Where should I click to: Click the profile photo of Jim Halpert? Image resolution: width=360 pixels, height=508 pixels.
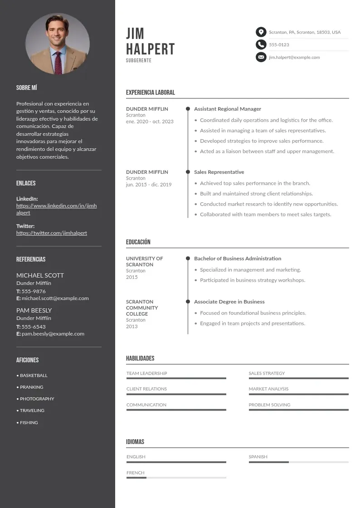pos(58,44)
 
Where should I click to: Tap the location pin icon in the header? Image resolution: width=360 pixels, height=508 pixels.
pos(261,32)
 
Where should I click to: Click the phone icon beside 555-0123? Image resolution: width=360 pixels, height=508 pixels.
pos(261,44)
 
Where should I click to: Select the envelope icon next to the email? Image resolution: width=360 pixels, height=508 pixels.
pos(261,57)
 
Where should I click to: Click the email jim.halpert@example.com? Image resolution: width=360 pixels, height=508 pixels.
pos(294,57)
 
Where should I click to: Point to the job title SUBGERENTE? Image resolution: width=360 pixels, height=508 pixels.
pos(139,60)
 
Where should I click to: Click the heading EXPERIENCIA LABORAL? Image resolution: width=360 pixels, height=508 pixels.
pos(151,93)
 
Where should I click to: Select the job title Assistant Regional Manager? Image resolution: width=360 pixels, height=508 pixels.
pos(228,109)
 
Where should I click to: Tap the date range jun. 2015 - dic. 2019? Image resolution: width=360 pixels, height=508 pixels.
pos(149,185)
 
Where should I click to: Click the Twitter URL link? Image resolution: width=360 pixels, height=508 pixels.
pos(52,233)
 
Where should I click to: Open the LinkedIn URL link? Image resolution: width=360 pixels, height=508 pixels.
pos(56,209)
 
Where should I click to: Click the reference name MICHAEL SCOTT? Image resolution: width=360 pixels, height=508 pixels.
pos(40,275)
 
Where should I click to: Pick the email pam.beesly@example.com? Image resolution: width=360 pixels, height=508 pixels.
pos(53,334)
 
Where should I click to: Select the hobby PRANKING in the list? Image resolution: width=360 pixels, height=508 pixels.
pos(32,387)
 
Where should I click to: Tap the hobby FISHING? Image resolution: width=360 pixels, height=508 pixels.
pos(29,423)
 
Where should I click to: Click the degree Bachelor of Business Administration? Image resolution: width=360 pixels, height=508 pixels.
pos(238,259)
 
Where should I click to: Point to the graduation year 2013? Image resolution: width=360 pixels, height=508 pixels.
pos(132,327)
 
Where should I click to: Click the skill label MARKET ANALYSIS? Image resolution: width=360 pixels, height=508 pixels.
pos(268,389)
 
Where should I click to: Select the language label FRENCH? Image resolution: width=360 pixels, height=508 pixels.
pos(136,473)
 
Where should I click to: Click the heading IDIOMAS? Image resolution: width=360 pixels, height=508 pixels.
pos(135,442)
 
